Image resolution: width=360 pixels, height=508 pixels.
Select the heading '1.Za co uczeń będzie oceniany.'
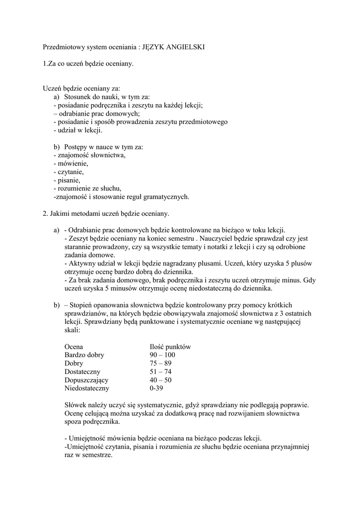[88, 63]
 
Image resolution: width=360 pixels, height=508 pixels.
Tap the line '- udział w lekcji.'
[77, 130]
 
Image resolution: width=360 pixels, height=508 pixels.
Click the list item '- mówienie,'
[71, 163]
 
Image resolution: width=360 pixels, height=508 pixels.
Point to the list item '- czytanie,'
[69, 172]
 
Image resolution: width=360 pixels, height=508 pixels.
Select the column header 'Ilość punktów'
[170, 347]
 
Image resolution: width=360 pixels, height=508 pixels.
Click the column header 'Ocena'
[74, 347]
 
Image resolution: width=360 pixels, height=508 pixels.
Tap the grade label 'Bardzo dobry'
[84, 355]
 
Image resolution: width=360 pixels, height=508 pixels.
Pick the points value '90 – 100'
[162, 355]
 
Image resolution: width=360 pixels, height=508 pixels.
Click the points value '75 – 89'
[160, 364]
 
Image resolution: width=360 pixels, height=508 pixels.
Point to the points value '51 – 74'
[160, 372]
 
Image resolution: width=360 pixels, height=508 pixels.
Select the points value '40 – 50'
[160, 380]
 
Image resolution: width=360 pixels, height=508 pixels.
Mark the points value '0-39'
[157, 388]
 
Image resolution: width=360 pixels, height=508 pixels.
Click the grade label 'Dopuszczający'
[86, 380]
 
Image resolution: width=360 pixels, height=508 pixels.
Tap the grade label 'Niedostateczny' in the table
[87, 388]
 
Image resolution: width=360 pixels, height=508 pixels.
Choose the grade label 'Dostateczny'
[82, 372]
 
